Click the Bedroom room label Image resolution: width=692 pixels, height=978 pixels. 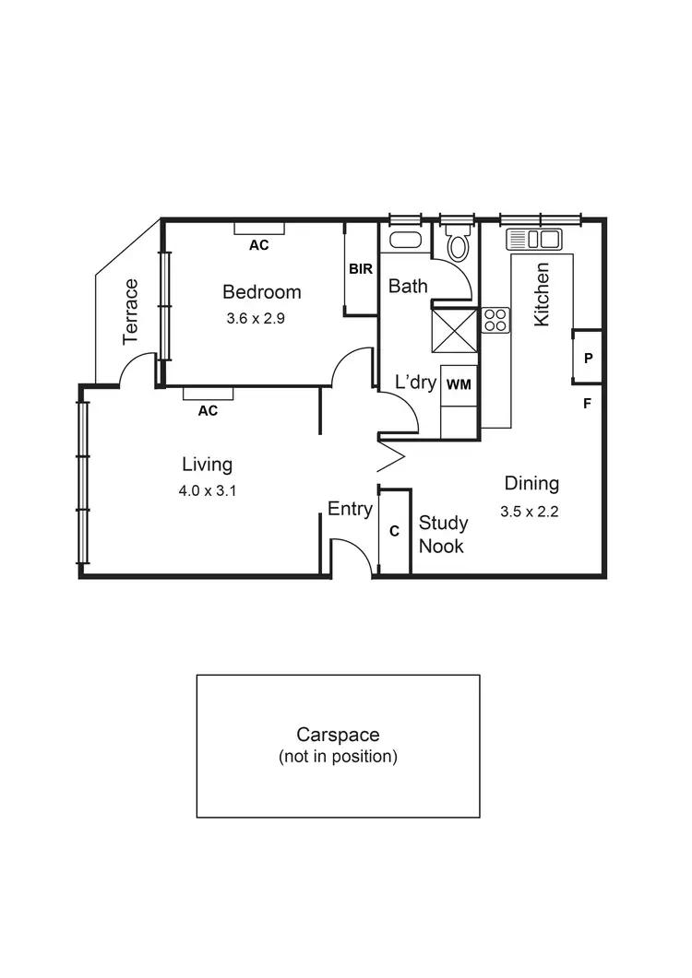click(x=261, y=292)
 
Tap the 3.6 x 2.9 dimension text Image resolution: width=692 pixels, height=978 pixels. click(x=261, y=319)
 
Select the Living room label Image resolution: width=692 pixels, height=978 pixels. click(x=207, y=465)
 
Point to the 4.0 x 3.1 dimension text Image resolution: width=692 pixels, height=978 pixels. click(x=208, y=491)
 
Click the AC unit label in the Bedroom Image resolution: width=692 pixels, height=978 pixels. click(x=259, y=245)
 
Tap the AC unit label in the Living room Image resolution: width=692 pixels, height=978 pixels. click(x=208, y=411)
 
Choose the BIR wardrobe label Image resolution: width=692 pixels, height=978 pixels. click(x=360, y=269)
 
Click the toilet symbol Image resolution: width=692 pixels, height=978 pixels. click(x=457, y=245)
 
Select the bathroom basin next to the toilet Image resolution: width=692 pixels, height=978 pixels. click(x=404, y=240)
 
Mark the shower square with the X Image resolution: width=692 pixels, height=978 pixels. click(x=455, y=329)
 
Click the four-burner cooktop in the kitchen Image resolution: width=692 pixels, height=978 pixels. click(x=495, y=320)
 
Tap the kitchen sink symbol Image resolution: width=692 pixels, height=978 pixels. click(x=534, y=240)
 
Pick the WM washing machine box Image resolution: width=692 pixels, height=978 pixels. click(x=459, y=385)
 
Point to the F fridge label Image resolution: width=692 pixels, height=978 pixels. click(x=587, y=403)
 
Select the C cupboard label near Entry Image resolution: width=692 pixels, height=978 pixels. click(x=394, y=532)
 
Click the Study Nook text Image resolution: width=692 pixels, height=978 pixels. click(x=443, y=535)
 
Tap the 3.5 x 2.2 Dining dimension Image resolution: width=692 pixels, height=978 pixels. click(x=530, y=513)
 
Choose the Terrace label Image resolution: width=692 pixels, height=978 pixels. click(x=131, y=312)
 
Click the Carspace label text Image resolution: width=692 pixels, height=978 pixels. click(x=338, y=735)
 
